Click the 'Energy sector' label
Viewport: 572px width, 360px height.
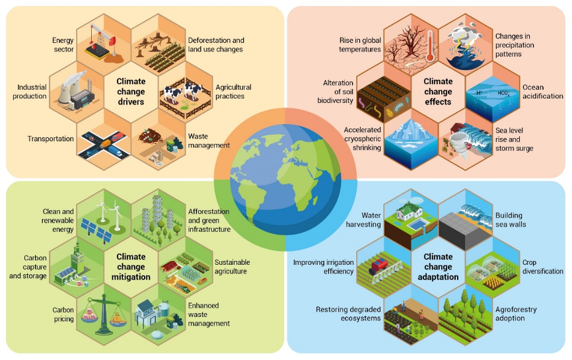(63, 45)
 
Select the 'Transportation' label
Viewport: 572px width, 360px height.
(50, 139)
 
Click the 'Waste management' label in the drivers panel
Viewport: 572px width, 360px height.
(209, 141)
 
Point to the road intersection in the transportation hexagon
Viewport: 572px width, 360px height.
(99, 142)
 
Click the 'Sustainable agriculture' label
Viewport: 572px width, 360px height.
(232, 267)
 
